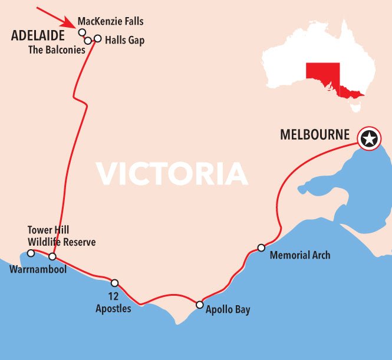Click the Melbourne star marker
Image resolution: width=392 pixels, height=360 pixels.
tap(369, 140)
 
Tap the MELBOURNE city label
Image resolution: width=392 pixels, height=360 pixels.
tap(315, 135)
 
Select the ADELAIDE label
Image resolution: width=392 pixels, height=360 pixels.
tap(38, 37)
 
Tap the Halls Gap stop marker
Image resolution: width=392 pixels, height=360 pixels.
tap(98, 39)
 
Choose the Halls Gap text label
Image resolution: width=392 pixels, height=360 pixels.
tap(124, 41)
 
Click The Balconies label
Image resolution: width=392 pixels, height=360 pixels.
tap(57, 50)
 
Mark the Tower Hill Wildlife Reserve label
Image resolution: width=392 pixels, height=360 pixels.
tap(61, 236)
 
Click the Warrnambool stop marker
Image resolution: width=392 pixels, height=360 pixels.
tap(52, 256)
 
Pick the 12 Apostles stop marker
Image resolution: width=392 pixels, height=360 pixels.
tap(114, 283)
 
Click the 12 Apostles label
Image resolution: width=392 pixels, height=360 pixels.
tap(113, 303)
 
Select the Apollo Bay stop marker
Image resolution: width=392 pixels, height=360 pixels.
tap(200, 305)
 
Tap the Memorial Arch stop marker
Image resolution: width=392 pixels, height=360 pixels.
tap(261, 247)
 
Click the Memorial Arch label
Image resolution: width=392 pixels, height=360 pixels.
tap(299, 255)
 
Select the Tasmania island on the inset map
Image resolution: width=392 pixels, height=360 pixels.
tap(355, 107)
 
